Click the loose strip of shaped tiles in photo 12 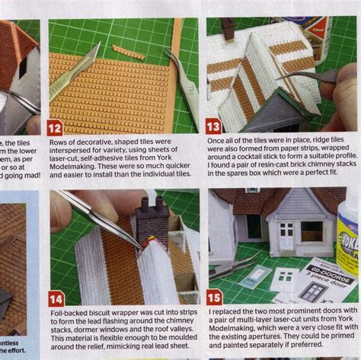pyautogui.click(x=127, y=51)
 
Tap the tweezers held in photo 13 pyautogui.click(x=308, y=75)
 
